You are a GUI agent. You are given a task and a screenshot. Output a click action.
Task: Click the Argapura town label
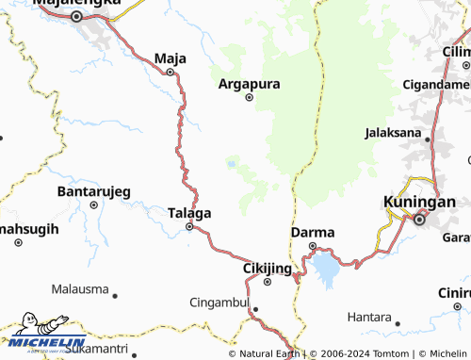(x=250, y=83)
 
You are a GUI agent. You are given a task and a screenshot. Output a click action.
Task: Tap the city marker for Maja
(x=171, y=72)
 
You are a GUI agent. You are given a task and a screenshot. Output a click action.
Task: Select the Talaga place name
(x=188, y=213)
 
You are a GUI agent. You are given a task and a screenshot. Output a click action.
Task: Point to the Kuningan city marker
(x=419, y=220)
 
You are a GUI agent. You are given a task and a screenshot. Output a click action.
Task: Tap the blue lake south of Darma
(x=327, y=268)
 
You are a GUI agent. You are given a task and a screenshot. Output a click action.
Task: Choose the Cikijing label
(x=265, y=268)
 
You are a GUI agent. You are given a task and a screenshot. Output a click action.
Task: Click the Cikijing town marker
(x=267, y=281)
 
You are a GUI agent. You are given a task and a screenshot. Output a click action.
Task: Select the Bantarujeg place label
(x=94, y=191)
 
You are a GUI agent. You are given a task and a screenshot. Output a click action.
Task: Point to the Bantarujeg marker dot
(x=93, y=205)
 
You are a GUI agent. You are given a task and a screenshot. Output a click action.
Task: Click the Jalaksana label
(x=393, y=132)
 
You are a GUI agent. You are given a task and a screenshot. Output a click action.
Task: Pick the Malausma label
(x=80, y=288)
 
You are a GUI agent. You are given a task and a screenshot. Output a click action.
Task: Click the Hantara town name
(x=368, y=317)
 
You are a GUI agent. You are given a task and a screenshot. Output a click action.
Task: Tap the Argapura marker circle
(x=250, y=96)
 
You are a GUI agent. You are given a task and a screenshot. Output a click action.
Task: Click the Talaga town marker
(x=189, y=226)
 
